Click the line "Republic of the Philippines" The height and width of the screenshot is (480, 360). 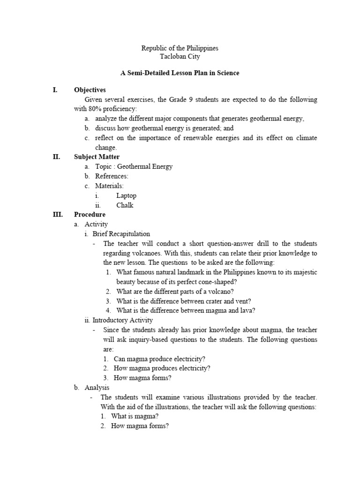coord(180,48)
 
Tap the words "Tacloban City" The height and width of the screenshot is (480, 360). coord(180,57)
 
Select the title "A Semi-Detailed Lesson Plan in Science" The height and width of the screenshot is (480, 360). coord(180,73)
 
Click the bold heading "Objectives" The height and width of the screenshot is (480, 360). coord(90,90)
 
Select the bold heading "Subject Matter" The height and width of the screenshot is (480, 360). coord(97,157)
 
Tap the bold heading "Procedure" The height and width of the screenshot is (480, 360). coord(90,214)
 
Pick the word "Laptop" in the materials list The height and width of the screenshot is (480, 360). coord(126,195)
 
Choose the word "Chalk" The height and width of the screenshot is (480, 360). coord(125,205)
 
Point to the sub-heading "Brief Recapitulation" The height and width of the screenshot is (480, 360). coord(121,233)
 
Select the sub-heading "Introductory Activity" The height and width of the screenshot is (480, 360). coord(123,320)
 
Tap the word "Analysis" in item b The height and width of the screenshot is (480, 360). coord(97,388)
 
